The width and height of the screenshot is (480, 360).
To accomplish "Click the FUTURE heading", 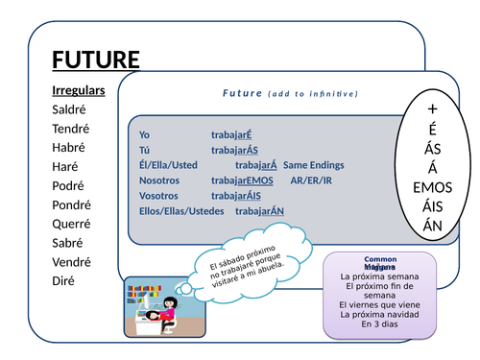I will pos(95,60).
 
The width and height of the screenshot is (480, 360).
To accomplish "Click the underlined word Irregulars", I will pos(78,90).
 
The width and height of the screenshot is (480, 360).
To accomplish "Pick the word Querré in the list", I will pos(72,224).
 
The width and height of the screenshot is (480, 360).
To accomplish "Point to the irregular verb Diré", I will pos(66,280).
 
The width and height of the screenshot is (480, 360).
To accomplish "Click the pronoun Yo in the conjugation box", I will pos(145,134).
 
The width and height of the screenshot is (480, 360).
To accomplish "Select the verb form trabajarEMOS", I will pos(242,180).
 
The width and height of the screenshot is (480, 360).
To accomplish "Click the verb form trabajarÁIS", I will pos(236,196).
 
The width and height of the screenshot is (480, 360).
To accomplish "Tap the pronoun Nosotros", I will pos(158,180).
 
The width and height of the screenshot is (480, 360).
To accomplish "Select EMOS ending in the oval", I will pos(432,188).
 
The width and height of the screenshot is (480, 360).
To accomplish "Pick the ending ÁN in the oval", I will pos(432,227).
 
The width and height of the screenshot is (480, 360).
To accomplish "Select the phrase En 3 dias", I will pos(379,324).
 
